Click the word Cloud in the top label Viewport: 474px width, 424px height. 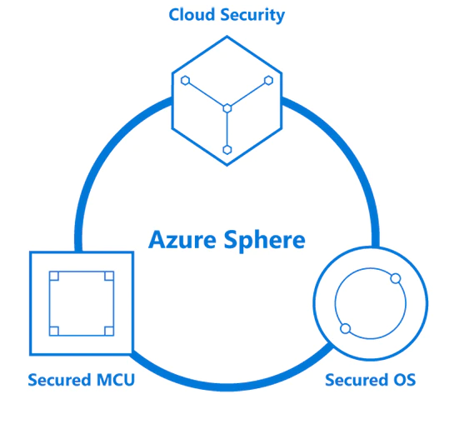(x=192, y=14)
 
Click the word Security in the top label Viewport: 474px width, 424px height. (x=252, y=16)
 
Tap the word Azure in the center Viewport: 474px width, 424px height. (x=182, y=239)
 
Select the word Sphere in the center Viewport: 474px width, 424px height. (x=265, y=241)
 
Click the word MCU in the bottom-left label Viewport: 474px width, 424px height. (x=116, y=380)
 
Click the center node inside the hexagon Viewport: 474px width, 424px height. (x=227, y=108)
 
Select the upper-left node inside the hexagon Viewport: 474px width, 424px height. (x=185, y=81)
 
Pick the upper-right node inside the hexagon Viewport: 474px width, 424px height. (x=268, y=81)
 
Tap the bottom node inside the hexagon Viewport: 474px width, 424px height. (x=227, y=150)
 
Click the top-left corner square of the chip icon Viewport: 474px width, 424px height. (x=54, y=276)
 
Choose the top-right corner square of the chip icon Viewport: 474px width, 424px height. (x=109, y=276)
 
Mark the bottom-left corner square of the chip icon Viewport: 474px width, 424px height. (x=54, y=331)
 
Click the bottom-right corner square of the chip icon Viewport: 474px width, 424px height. (x=109, y=331)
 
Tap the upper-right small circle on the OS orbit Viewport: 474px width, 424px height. (x=396, y=278)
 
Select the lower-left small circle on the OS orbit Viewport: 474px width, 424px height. (x=346, y=328)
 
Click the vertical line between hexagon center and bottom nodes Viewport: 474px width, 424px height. (x=227, y=129)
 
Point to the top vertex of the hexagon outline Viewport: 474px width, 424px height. (x=227, y=37)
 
